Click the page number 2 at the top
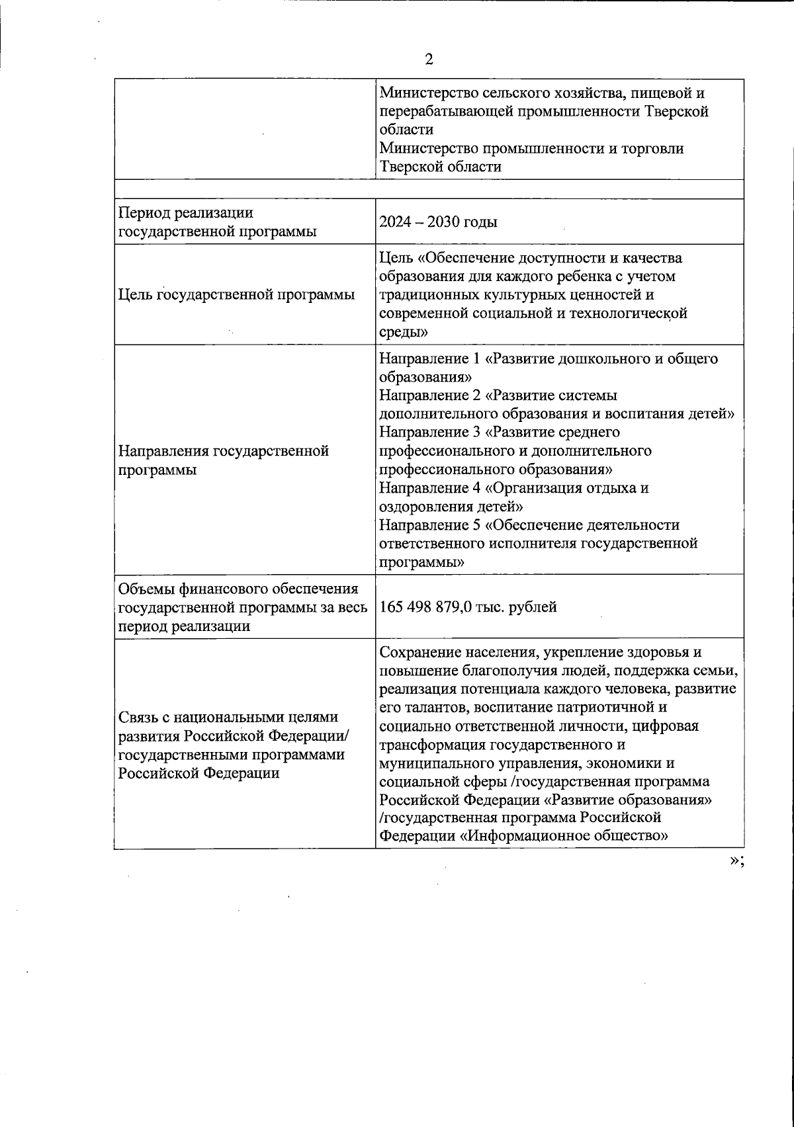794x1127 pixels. pos(429,60)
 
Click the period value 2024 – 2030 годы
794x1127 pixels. pos(438,222)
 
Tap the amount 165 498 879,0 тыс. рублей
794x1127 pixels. pos(468,606)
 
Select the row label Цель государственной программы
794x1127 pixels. pos(236,294)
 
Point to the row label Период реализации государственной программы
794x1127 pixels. pos(216,222)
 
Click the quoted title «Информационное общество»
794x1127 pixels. pos(563,836)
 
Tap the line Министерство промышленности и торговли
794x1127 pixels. pos(531,148)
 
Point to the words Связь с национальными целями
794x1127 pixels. pos(228,718)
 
